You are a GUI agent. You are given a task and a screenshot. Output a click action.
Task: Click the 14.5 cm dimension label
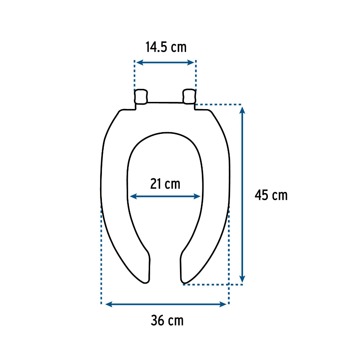[166, 47]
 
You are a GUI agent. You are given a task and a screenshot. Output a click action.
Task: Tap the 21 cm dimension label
[165, 184]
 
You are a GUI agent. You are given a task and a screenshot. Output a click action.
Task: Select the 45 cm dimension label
[271, 195]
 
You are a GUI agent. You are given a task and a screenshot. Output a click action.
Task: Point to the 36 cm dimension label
[167, 320]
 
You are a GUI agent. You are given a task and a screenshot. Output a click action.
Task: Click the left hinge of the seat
[141, 96]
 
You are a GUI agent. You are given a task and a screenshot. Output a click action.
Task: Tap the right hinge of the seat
[189, 96]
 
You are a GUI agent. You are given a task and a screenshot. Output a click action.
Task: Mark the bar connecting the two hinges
[165, 103]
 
